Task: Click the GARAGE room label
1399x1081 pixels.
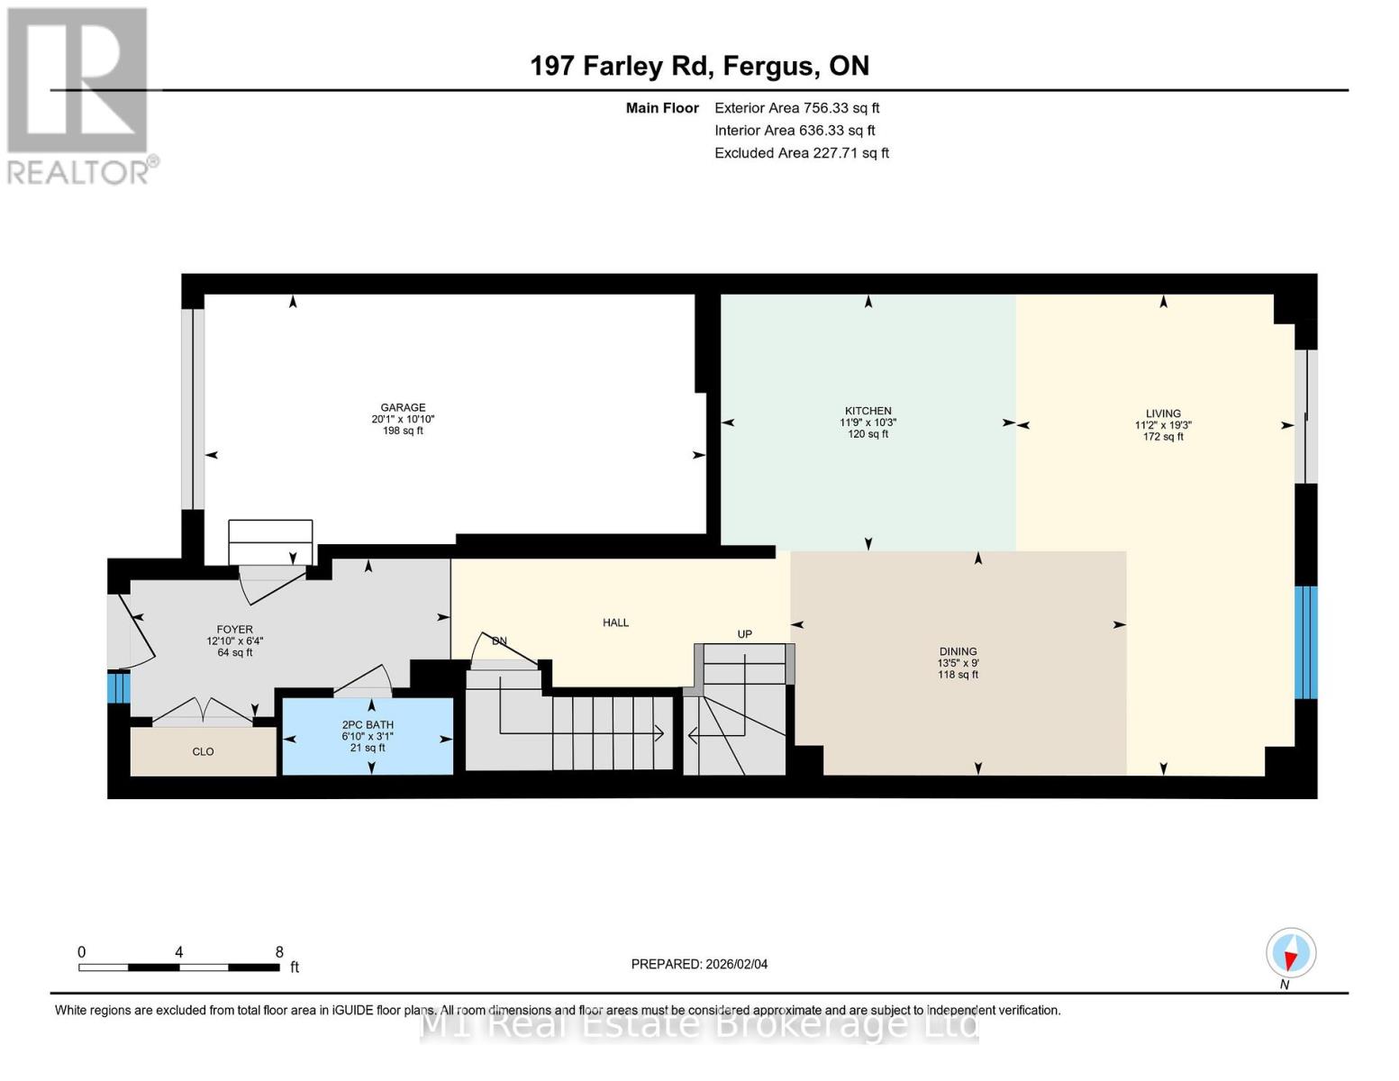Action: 403,408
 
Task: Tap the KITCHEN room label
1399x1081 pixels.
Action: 868,411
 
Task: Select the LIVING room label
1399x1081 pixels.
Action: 1163,413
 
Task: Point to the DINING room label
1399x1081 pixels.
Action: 958,651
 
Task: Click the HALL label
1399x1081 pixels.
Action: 615,622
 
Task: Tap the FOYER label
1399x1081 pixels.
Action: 234,630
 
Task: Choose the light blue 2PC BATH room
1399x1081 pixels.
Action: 368,736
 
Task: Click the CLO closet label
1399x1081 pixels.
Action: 203,751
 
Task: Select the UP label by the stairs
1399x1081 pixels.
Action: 744,634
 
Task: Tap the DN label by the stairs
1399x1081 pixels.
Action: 499,641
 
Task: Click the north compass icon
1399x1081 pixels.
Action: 1291,953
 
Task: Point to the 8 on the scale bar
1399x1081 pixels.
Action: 279,952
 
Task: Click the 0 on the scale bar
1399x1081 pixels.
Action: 82,952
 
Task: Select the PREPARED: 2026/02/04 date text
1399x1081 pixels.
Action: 699,964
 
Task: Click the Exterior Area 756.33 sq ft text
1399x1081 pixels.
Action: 796,108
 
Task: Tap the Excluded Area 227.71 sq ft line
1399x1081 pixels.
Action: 801,153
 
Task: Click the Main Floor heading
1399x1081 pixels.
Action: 662,108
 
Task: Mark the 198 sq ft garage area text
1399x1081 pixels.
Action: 403,431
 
